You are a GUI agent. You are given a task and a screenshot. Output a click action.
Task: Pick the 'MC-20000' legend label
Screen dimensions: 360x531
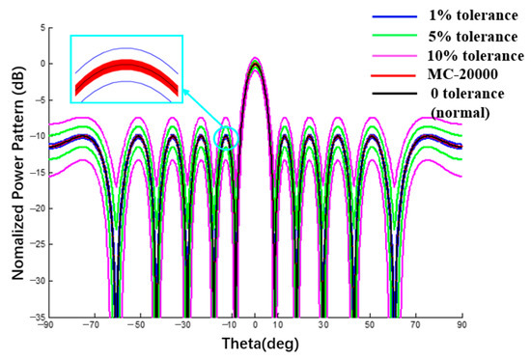point(453,76)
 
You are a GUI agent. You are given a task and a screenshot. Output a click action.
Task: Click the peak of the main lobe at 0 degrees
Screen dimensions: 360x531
point(255,61)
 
